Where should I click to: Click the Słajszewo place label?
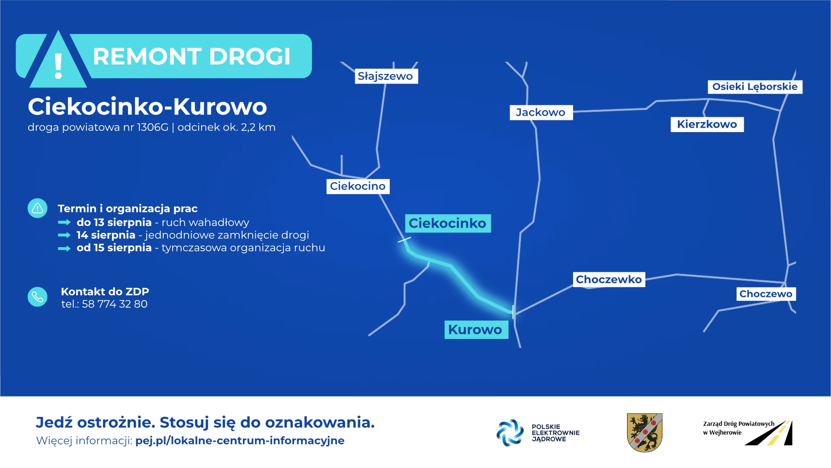[386, 76]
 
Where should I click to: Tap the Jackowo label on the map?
[541, 113]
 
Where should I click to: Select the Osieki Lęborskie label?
[755, 87]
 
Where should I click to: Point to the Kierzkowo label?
[707, 124]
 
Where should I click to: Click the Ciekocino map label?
[358, 186]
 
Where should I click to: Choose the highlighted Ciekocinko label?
[448, 223]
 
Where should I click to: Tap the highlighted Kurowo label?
[476, 329]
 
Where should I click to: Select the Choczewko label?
[609, 280]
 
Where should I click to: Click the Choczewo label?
[766, 294]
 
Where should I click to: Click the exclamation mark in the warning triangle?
[58, 66]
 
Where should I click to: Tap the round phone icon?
[38, 297]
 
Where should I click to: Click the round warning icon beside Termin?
[38, 208]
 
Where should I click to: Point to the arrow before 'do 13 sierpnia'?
[64, 223]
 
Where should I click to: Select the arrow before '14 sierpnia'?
[64, 235]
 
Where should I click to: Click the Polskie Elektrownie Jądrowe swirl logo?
[510, 432]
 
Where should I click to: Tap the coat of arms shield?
[645, 432]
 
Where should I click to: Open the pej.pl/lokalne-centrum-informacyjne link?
[240, 441]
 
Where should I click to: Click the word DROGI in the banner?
[250, 56]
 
